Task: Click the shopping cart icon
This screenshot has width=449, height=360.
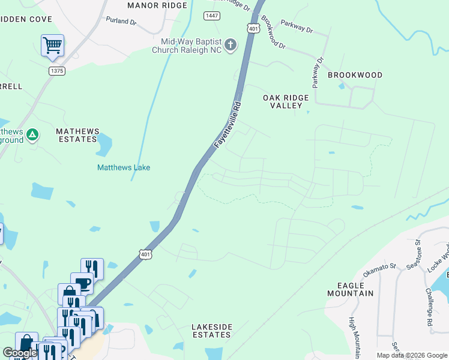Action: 52,44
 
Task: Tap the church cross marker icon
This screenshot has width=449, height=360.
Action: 231,45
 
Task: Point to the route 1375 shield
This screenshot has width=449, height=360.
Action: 57,70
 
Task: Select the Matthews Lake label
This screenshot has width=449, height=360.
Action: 124,167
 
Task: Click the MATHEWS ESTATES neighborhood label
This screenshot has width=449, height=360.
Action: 76,135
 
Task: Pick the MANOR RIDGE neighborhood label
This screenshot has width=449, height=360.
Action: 157,5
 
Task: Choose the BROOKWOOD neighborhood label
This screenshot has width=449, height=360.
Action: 355,75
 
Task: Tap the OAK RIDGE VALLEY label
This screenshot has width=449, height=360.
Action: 286,101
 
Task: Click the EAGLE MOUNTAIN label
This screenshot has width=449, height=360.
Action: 351,289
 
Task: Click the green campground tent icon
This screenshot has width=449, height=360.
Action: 32,135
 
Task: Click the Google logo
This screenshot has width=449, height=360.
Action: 20,353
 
